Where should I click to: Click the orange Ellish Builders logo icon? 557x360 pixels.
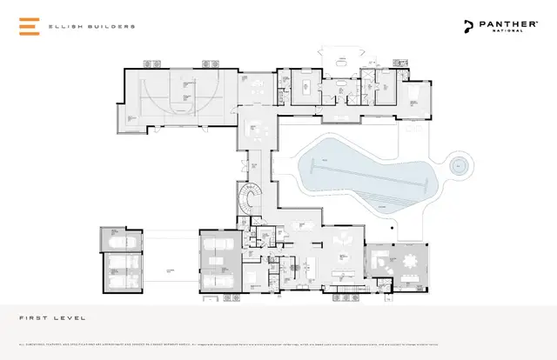[x=29, y=26]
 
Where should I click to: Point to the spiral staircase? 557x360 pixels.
[x=250, y=203]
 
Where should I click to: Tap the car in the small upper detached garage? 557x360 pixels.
[x=119, y=241]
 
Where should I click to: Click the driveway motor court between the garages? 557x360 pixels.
[x=170, y=261]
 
